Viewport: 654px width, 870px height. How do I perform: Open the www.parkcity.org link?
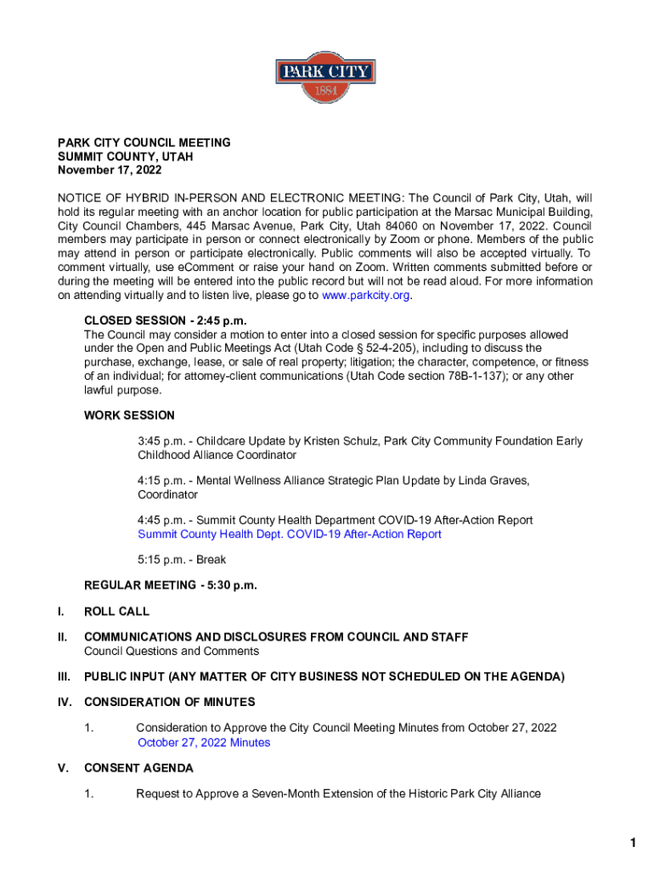pos(364,296)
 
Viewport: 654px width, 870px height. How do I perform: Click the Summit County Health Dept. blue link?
pos(290,534)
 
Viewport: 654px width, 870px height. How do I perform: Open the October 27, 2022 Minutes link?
pos(204,743)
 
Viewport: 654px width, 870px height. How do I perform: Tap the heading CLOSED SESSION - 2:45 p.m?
pos(165,321)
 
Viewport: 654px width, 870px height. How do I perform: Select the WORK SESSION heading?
pos(129,415)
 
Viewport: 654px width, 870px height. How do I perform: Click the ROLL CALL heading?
pos(116,611)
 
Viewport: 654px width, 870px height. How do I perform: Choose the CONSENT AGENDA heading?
pos(138,768)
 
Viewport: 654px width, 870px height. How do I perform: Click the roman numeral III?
pos(64,676)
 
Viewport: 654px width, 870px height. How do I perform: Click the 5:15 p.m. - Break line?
pos(182,560)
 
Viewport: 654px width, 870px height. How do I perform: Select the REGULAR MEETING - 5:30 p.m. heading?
pos(170,585)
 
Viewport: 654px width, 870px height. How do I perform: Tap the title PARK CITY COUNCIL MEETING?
pos(144,143)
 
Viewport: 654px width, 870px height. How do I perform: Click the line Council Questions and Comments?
pos(171,651)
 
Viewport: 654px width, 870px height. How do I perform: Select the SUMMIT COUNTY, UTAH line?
pos(125,156)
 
